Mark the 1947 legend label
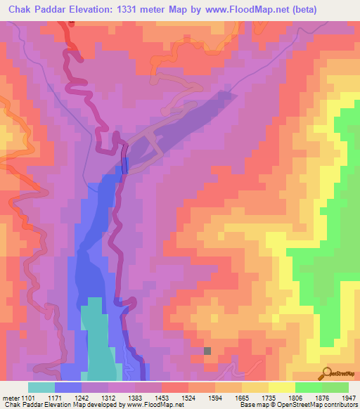(x=347, y=398)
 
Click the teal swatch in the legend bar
(x=41, y=387)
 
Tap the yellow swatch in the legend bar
(x=281, y=387)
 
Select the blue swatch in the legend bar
(x=68, y=387)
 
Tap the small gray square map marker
(x=207, y=350)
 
